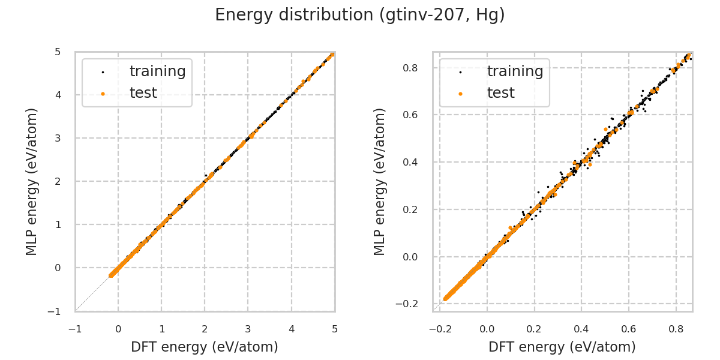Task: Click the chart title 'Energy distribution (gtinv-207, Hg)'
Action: [x=360, y=15]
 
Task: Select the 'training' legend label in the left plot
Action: [x=157, y=71]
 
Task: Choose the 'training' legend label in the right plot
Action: [x=515, y=71]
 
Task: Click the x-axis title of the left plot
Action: [x=205, y=347]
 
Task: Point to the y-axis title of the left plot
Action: [x=32, y=181]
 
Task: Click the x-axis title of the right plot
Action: [x=562, y=347]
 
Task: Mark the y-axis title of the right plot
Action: [x=380, y=181]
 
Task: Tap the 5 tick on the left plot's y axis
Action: [x=58, y=52]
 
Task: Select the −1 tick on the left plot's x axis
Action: [x=75, y=329]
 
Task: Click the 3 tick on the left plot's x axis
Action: [x=248, y=329]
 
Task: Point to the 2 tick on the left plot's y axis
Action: [x=58, y=181]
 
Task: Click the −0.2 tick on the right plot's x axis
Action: [x=440, y=329]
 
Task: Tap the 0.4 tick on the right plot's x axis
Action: [x=581, y=329]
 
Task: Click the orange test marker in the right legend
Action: [x=460, y=94]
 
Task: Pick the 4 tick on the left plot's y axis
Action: [x=58, y=95]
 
